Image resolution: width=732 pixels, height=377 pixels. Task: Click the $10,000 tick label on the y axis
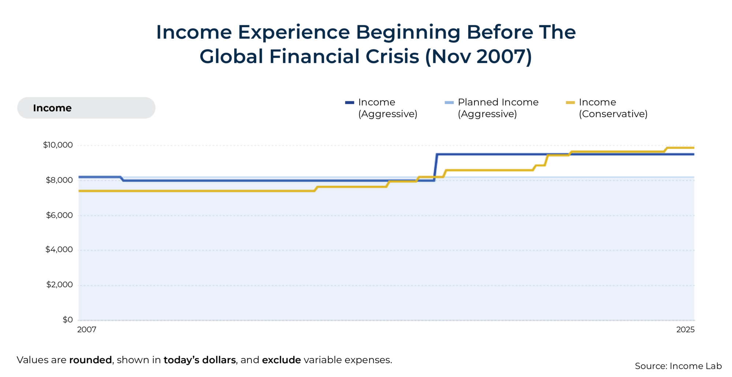58,145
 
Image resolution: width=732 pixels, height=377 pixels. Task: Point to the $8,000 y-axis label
59,180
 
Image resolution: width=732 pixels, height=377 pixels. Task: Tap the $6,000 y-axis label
59,215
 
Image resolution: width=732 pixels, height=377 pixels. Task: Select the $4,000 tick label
59,250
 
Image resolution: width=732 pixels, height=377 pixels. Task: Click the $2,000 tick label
59,285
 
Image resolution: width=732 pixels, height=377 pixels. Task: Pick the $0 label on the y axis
68,320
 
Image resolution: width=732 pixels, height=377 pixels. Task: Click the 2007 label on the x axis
87,330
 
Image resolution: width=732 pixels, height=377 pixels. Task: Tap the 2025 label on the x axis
685,330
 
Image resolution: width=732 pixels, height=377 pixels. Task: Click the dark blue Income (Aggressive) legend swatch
350,102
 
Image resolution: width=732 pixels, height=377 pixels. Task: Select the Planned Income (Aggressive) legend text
498,108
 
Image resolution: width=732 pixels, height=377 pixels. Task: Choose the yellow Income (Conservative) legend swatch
570,102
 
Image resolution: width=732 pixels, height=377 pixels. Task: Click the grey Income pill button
86,108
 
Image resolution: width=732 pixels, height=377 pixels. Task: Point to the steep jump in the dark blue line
436,167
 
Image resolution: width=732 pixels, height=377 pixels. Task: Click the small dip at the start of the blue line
122,179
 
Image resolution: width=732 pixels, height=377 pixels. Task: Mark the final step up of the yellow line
666,149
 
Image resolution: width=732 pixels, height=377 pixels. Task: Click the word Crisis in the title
392,57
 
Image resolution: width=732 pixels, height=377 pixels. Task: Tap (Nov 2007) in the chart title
478,57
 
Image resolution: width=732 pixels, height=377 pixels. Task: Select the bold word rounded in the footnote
90,360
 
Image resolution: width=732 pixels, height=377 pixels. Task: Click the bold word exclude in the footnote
281,360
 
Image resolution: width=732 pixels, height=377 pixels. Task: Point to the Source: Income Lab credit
678,366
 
